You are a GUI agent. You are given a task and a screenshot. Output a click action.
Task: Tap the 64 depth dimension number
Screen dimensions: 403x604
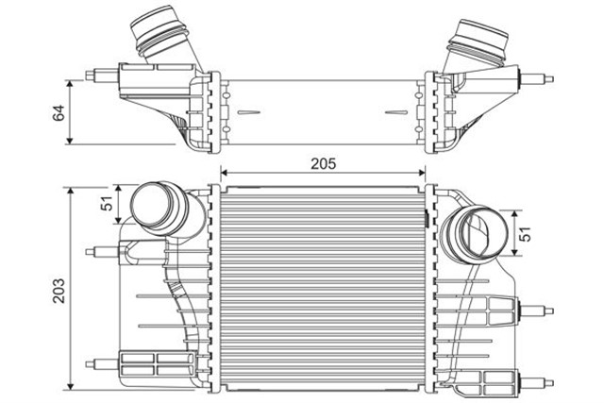click(x=59, y=113)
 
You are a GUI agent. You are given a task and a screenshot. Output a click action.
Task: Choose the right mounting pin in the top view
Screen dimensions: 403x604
click(x=545, y=78)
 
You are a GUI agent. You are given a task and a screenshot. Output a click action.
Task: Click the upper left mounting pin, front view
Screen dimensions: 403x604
click(x=95, y=250)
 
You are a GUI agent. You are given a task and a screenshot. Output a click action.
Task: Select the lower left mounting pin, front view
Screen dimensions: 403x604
click(x=95, y=363)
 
